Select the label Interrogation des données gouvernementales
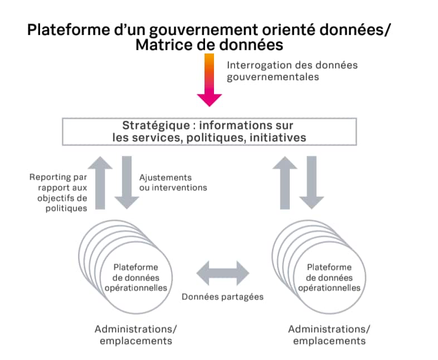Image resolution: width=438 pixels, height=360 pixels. coord(292,71)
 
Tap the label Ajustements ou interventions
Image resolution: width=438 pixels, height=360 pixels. coord(172,182)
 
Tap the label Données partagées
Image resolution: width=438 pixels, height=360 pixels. coord(222,296)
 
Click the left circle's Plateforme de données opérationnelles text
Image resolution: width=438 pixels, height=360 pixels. coord(136,278)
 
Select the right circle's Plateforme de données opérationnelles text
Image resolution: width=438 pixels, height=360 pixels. coord(329,278)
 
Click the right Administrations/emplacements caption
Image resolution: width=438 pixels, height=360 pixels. coord(329,334)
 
